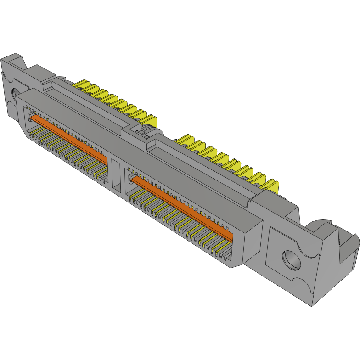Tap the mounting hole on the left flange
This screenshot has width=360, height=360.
tap(13, 95)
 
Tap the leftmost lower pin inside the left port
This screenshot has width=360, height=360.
tap(32, 134)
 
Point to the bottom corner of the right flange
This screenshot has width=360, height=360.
tap(312, 305)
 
